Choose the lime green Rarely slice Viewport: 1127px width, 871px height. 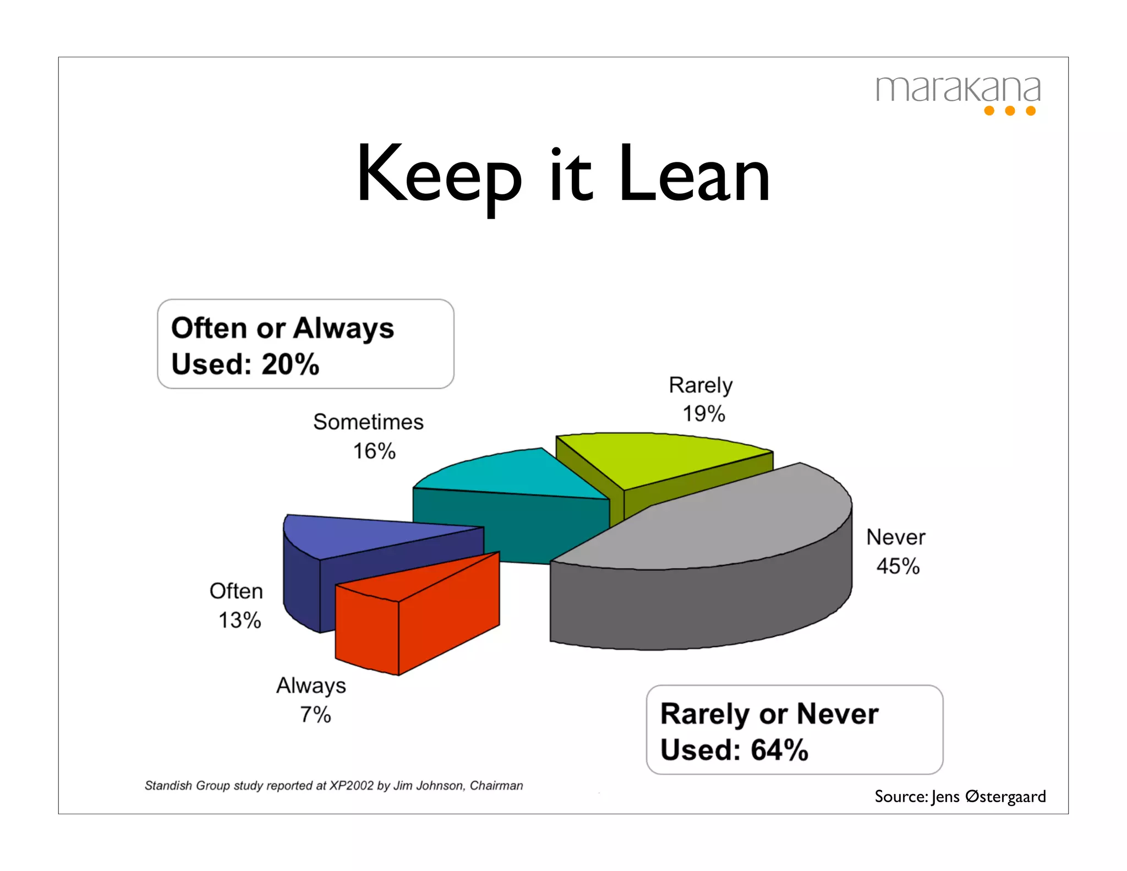coord(660,457)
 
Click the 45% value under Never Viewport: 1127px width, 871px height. coord(898,566)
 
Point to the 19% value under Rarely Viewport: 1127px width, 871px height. coord(704,413)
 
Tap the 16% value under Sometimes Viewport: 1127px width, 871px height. coord(374,451)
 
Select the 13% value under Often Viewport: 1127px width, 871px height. coord(239,620)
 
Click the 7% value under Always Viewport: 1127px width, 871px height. coord(315,715)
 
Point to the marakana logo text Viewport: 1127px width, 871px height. coord(958,89)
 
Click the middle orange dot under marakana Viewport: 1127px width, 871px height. coord(1010,111)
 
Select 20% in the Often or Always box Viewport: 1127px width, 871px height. coord(290,364)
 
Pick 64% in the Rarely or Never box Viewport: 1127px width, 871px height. coord(779,750)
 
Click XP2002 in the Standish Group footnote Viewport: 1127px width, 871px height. coord(351,786)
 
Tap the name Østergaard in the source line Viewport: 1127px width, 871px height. coord(1005,796)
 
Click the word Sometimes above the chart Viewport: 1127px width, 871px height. coord(368,422)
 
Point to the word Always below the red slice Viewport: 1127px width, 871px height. coord(311,686)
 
